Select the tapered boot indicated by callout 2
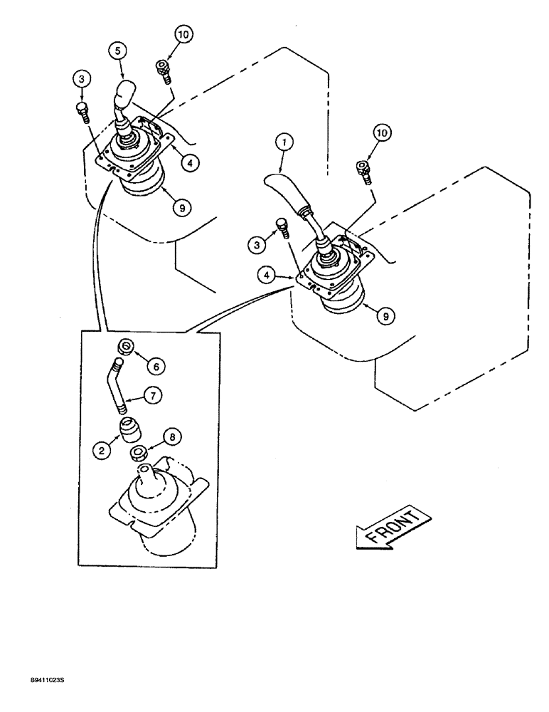point(128,429)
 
